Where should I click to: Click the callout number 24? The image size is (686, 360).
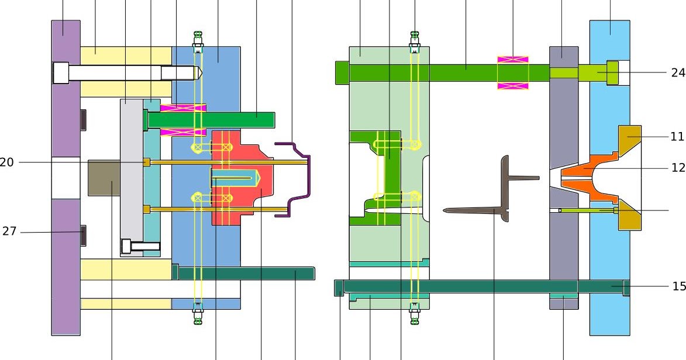coord(678,72)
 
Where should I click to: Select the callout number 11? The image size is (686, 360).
coord(677,137)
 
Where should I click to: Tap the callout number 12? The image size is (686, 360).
coord(678,168)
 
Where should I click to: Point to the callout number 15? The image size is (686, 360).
coord(679,286)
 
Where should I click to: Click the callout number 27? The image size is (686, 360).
coord(9,231)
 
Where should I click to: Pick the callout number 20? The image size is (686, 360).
coord(6,162)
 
